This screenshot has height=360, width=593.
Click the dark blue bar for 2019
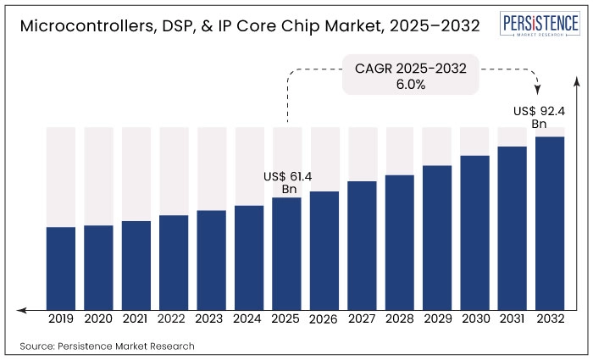point(61,267)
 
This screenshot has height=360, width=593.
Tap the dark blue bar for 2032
point(550,222)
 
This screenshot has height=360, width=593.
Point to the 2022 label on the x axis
point(174,319)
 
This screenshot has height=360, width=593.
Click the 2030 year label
point(475,319)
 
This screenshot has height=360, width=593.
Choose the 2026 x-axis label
point(324,320)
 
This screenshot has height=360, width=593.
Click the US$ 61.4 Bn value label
point(287,183)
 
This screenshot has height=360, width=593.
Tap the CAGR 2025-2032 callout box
point(411,76)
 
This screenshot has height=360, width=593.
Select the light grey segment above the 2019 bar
point(61,176)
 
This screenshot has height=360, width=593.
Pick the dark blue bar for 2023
point(212,258)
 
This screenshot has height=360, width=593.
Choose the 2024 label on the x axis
point(249,319)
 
